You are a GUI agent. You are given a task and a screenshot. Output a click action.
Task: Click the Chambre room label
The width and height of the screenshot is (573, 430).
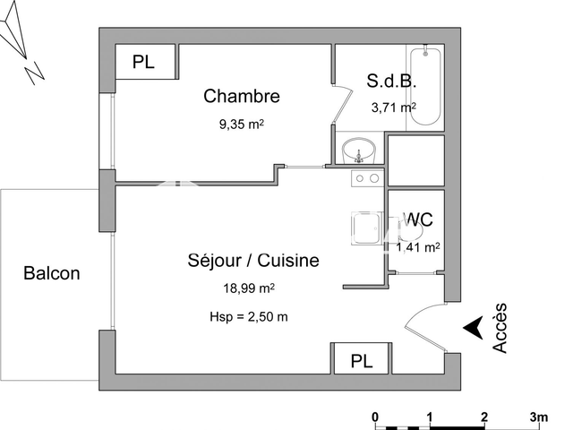242,96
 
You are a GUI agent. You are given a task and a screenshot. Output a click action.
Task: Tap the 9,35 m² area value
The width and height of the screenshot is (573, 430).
242,125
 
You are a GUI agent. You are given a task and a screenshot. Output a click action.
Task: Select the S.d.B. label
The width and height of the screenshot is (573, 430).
391,80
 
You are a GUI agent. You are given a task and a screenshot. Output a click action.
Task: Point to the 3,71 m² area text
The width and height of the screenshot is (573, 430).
393,107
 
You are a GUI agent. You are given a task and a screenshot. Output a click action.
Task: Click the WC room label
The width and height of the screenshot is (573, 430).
420,219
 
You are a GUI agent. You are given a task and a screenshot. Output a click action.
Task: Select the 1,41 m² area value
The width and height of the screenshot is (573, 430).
417,246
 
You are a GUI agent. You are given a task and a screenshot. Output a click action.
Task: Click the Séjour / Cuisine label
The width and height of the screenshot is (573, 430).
253,261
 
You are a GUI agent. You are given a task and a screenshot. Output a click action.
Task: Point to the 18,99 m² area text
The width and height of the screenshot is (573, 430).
248,288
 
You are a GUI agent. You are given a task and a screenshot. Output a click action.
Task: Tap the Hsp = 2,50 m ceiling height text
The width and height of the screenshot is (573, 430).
248,316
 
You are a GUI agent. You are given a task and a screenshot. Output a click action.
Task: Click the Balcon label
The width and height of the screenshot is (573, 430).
52,273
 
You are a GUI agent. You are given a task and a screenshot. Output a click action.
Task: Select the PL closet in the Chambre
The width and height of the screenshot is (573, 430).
143,62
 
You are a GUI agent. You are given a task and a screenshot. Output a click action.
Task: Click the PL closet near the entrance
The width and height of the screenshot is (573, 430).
361,361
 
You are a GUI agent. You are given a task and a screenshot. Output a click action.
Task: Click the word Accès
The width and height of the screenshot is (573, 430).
501,328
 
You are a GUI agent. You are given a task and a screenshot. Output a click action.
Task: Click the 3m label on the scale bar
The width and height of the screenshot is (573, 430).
538,417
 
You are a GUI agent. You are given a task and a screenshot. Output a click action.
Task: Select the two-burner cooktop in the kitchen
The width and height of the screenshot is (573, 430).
367,179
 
